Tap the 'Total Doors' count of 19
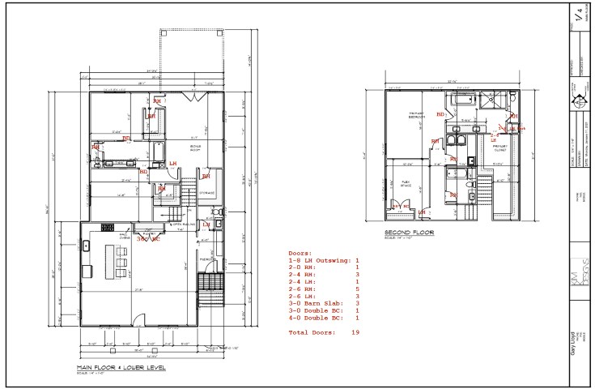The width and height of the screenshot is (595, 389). tap(324, 332)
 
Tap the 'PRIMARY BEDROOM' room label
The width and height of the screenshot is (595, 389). tap(416, 115)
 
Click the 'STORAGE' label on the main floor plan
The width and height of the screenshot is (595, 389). tap(206, 193)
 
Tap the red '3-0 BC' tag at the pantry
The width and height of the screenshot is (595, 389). tap(148, 240)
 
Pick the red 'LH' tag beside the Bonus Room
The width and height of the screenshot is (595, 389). tap(172, 163)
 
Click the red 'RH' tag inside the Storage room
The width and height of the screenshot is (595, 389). tap(206, 175)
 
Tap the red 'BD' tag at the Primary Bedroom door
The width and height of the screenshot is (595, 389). tap(440, 114)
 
